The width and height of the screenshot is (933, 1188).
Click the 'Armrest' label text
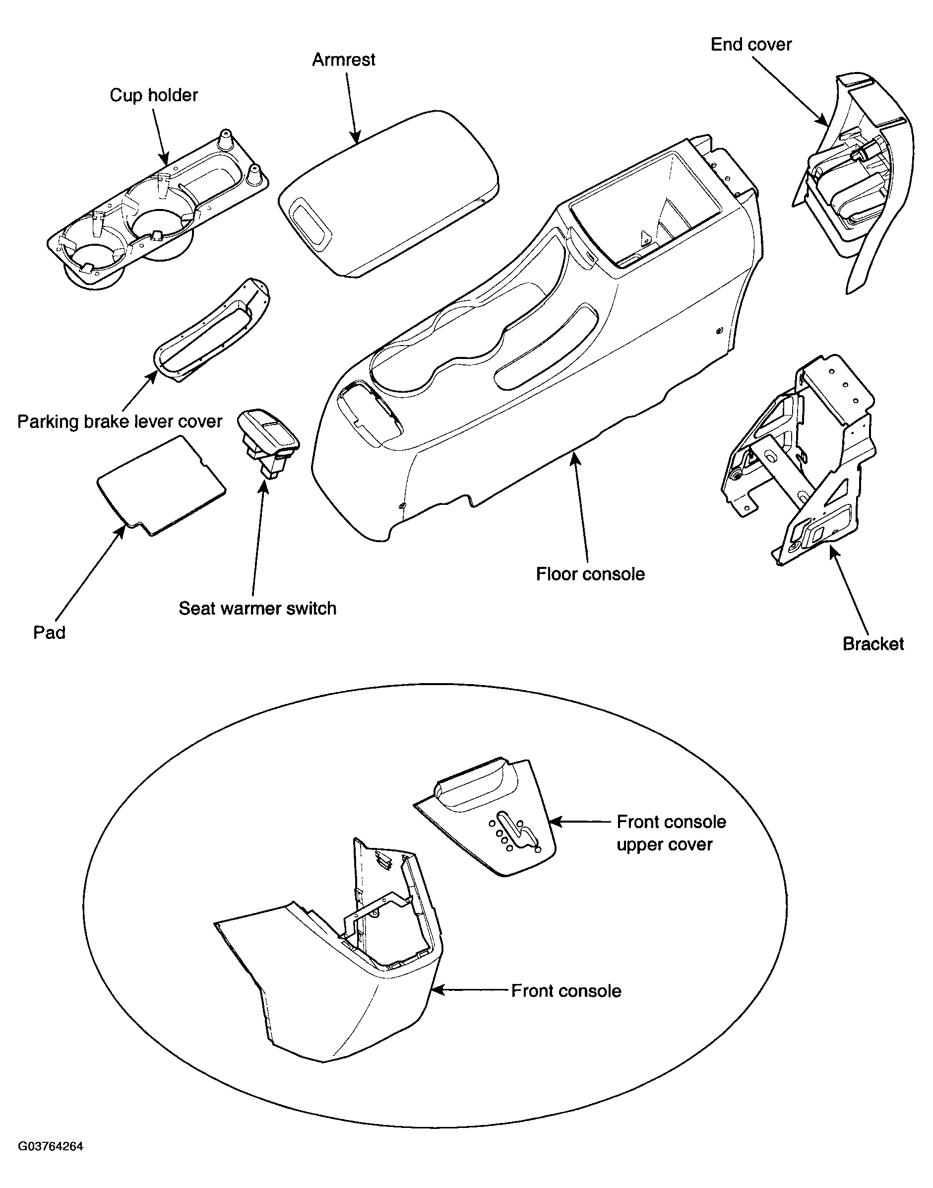click(344, 60)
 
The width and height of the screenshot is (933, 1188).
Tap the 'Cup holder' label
click(154, 95)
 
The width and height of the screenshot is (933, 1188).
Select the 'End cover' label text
click(751, 44)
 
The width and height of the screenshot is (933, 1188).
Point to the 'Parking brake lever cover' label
click(120, 421)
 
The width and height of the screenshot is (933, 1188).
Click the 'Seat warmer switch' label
click(257, 609)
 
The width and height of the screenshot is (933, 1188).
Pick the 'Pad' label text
click(49, 632)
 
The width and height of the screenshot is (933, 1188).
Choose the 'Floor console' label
click(590, 574)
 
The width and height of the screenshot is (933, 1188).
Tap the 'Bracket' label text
click(873, 644)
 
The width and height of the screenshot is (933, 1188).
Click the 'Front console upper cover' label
click(671, 833)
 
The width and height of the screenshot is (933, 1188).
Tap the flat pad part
click(161, 485)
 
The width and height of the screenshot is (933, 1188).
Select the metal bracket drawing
click(798, 460)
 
